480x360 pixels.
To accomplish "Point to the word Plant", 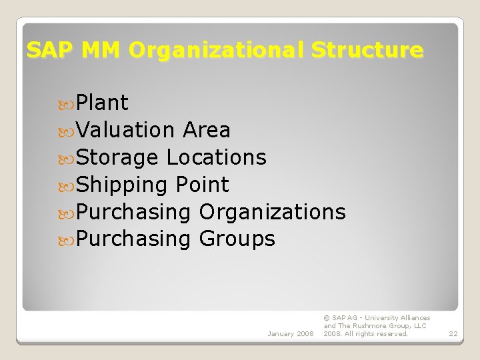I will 102,103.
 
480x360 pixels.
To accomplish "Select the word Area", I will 206,130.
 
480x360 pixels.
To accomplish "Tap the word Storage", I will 117,157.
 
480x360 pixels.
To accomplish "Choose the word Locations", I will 217,157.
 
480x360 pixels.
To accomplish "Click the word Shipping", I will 123,185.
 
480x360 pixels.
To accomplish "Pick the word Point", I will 203,185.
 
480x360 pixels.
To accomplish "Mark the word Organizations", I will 273,212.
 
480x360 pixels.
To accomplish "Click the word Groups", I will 237,239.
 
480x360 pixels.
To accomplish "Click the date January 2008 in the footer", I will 290,333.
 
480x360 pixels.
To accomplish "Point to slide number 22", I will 453,333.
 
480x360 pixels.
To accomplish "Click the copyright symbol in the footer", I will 327,318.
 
